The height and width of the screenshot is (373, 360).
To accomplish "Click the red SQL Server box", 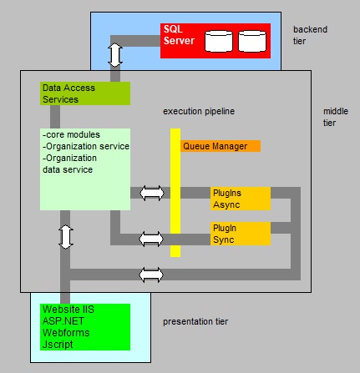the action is pyautogui.click(x=215, y=41).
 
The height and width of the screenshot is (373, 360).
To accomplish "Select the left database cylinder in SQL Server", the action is pyautogui.click(x=219, y=41).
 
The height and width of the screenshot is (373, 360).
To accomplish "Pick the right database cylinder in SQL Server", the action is pyautogui.click(x=252, y=41).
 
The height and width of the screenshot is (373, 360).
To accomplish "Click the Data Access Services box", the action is pyautogui.click(x=85, y=93).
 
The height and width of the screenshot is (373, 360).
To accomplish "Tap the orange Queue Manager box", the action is pyautogui.click(x=221, y=146).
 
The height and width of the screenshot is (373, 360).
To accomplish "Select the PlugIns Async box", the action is pyautogui.click(x=241, y=199).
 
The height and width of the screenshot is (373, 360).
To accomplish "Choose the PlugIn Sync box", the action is pyautogui.click(x=241, y=234).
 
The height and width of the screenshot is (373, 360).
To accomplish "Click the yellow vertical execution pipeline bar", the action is pyautogui.click(x=175, y=193).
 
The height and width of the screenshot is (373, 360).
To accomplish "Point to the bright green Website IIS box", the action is pyautogui.click(x=85, y=327).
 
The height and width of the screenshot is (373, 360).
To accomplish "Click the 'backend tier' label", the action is pyautogui.click(x=310, y=35).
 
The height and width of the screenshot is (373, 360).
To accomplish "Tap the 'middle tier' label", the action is pyautogui.click(x=336, y=117).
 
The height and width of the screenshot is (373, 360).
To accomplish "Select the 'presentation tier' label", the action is pyautogui.click(x=195, y=321).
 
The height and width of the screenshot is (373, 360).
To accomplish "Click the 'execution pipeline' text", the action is pyautogui.click(x=199, y=111).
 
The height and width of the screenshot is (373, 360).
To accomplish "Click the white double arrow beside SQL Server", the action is pyautogui.click(x=115, y=55).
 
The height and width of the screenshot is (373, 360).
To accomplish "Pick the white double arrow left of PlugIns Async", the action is pyautogui.click(x=152, y=193).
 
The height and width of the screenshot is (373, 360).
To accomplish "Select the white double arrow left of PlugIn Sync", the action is pyautogui.click(x=151, y=239).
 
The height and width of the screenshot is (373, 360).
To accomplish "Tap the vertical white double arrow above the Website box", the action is pyautogui.click(x=66, y=237).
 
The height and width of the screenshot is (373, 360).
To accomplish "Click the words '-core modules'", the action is pyautogui.click(x=71, y=134).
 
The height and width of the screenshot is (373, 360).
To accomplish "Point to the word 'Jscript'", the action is pyautogui.click(x=58, y=345).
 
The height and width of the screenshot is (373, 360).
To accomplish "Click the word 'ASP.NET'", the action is pyautogui.click(x=63, y=321).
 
